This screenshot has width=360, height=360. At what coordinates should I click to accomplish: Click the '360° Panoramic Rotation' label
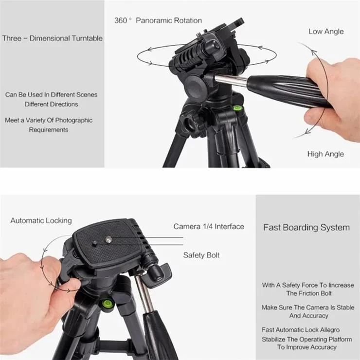tap(158, 20)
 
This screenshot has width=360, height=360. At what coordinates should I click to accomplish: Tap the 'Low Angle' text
tap(326, 32)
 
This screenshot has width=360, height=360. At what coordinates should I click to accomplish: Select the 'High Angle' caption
tap(325, 154)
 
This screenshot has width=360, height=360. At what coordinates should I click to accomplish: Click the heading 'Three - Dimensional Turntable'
tap(53, 38)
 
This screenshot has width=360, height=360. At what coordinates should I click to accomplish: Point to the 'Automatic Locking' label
tap(41, 221)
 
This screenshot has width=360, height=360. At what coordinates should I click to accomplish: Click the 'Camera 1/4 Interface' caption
tap(209, 227)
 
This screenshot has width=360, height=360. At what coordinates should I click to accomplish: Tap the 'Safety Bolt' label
tap(201, 255)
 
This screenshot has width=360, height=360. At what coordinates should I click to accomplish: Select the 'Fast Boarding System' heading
tap(306, 228)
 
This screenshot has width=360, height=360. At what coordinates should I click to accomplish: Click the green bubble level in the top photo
tap(236, 108)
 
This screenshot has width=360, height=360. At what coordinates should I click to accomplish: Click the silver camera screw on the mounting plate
tap(108, 240)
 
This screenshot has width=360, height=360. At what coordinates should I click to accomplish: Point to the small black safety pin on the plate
tap(94, 243)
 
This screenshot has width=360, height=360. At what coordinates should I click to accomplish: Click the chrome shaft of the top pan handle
tap(231, 80)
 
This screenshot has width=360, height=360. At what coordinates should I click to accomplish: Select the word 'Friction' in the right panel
tap(307, 293)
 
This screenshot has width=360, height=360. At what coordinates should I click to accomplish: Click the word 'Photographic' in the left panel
tap(73, 120)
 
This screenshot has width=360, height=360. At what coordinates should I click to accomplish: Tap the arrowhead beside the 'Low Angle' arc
tap(314, 52)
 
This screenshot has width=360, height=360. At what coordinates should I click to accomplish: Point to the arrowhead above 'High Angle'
tap(308, 131)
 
